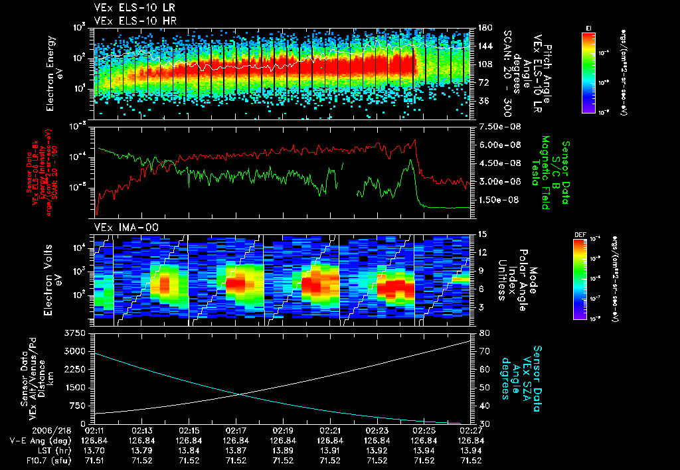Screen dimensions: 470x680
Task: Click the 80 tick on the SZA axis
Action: click(484, 333)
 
